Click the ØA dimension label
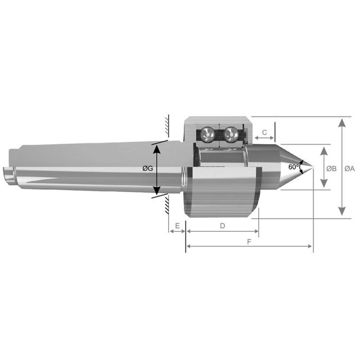[x=350, y=168]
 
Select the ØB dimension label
[x=331, y=168]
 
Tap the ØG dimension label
[x=148, y=168]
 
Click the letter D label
[x=222, y=226]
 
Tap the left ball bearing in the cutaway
[x=207, y=134]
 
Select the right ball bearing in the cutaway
[x=232, y=134]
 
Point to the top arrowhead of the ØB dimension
[x=323, y=150]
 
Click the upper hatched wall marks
[x=166, y=126]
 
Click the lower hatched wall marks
[x=166, y=205]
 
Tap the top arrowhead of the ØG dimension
[x=157, y=146]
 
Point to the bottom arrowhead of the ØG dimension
[x=157, y=191]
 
